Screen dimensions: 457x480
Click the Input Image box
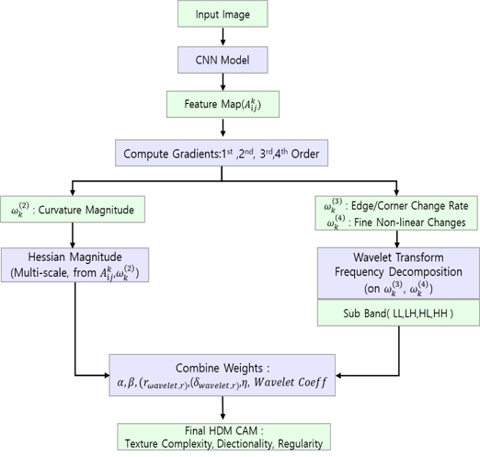[x=223, y=16]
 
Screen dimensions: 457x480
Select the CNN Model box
[x=223, y=62]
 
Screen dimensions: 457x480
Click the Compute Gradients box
[x=223, y=154]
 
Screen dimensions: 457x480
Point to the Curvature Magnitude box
[x=73, y=211]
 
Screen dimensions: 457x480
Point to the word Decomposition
[x=425, y=271]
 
